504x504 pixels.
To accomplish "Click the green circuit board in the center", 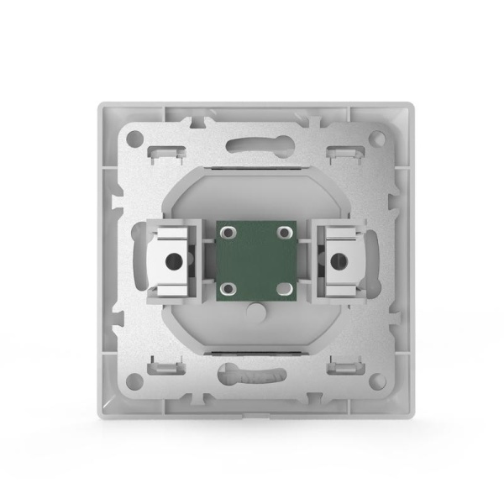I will click(x=253, y=258).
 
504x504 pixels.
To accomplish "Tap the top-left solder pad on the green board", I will click(x=226, y=231).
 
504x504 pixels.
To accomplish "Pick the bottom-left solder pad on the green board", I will click(x=226, y=287).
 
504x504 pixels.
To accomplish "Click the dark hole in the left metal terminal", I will click(x=173, y=260).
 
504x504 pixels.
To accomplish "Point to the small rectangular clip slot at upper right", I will click(x=340, y=154).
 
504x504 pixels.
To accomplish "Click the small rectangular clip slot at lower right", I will click(x=340, y=365).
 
